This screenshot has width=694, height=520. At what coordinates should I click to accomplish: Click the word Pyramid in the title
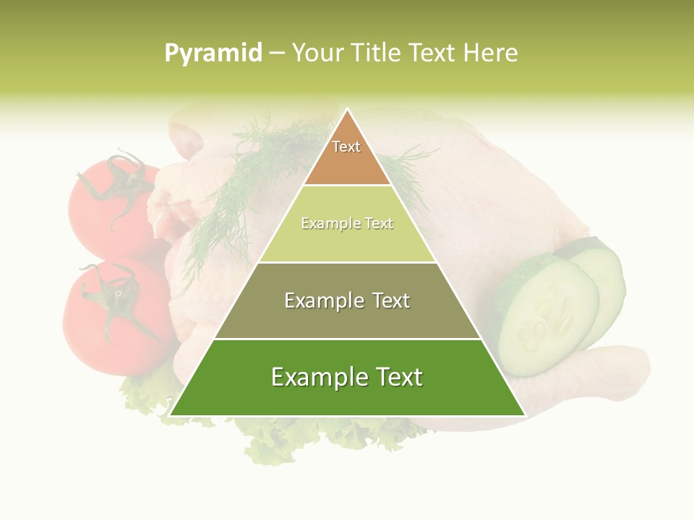[x=213, y=53]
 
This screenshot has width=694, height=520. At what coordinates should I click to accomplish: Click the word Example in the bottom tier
[x=312, y=377]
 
